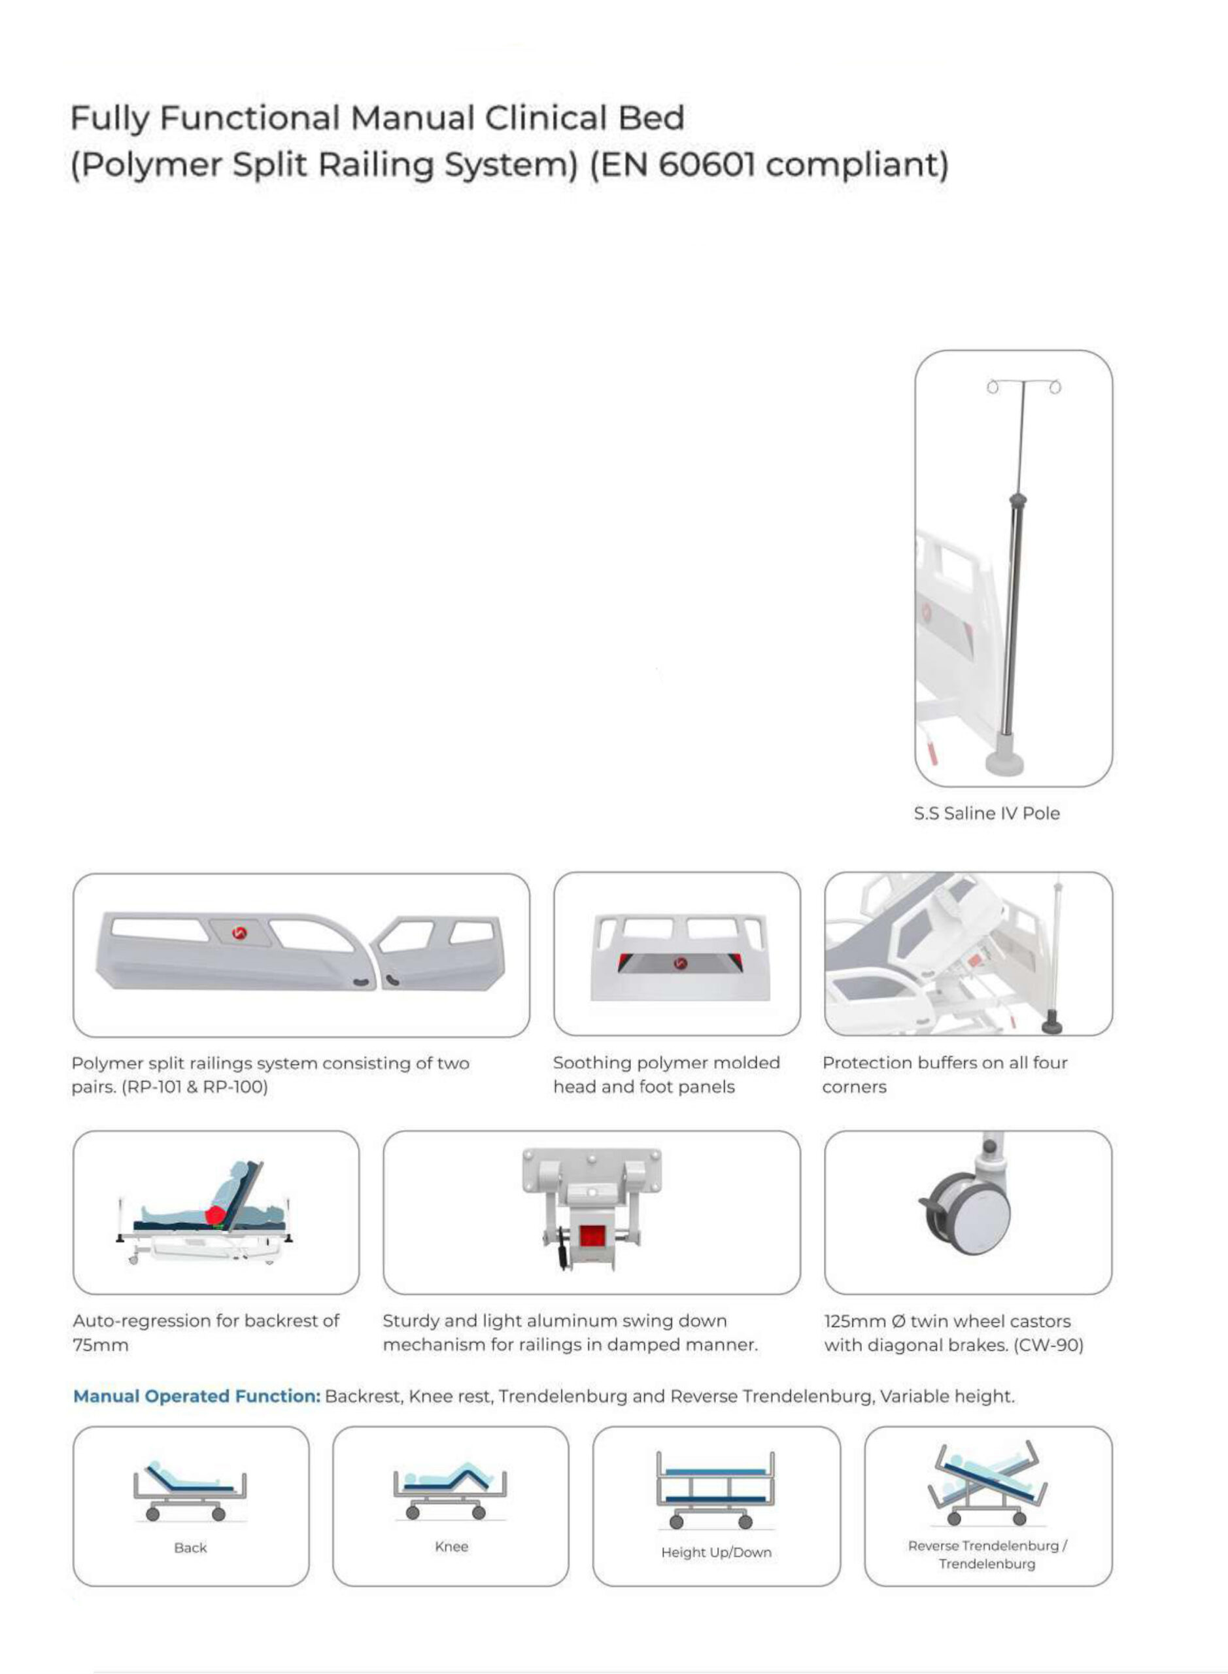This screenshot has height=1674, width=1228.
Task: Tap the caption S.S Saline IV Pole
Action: pos(987,813)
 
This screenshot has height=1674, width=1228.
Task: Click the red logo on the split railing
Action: pos(239,933)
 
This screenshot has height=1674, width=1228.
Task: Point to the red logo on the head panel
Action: pos(679,963)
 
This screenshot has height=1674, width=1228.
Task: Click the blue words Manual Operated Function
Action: pos(196,1396)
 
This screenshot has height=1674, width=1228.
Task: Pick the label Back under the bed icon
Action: pos(190,1548)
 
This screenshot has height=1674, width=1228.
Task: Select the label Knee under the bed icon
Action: pos(451,1546)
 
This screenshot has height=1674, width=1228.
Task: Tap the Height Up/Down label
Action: pos(716,1552)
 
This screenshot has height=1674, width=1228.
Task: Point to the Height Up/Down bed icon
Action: pos(715,1490)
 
